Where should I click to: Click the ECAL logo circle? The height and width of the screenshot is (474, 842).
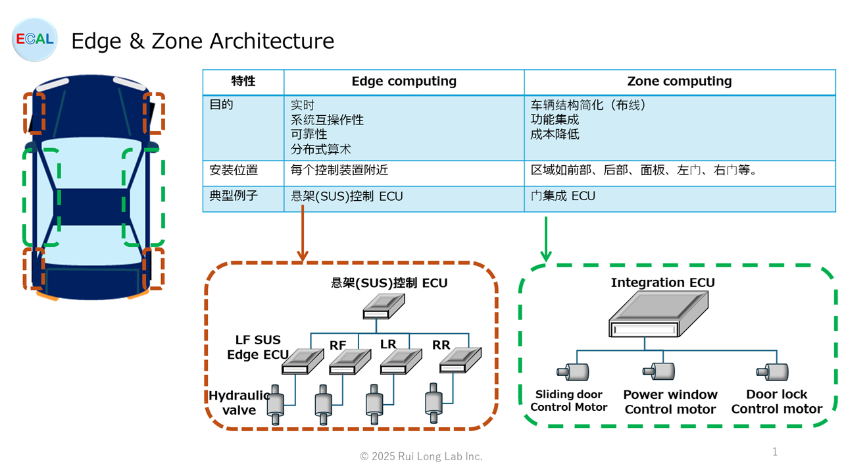point(35,39)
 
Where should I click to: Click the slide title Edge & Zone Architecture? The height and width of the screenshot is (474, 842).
point(203,41)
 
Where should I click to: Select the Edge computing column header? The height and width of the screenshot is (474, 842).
point(404,81)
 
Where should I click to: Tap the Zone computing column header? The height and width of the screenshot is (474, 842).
point(680,81)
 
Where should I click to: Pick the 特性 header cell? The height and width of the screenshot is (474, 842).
point(243,81)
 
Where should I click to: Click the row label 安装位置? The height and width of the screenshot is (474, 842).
point(234,170)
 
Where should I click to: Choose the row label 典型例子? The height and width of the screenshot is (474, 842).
point(234,196)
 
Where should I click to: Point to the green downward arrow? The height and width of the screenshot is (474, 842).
point(546,239)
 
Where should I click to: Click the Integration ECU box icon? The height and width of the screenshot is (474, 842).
point(658,314)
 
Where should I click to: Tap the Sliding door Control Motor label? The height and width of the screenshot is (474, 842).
point(569,401)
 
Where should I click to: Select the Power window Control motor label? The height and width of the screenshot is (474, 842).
point(670,402)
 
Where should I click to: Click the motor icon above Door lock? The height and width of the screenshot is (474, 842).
point(772,372)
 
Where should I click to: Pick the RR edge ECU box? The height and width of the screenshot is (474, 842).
point(460,360)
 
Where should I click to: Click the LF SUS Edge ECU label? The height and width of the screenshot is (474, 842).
point(258,347)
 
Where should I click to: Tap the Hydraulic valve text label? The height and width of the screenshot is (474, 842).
point(239,402)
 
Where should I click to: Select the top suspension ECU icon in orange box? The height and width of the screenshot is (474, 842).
point(384,306)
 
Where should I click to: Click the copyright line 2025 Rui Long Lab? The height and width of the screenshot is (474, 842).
point(421,456)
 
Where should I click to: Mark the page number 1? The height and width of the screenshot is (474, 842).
point(775,452)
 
